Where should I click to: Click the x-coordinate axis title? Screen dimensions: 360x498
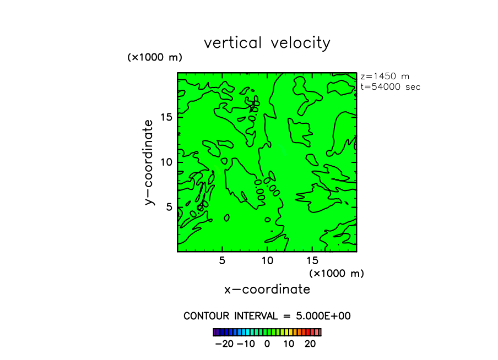pyautogui.click(x=267, y=290)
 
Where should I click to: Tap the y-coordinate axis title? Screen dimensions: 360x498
pyautogui.click(x=149, y=162)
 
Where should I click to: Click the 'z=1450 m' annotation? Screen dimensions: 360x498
pyautogui.click(x=385, y=77)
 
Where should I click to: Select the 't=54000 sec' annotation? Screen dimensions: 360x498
pyautogui.click(x=390, y=86)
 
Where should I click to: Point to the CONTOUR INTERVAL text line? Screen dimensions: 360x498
pyautogui.click(x=267, y=316)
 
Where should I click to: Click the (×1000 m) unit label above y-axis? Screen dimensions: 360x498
pyautogui.click(x=155, y=57)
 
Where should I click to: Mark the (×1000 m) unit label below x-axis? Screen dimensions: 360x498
pyautogui.click(x=337, y=273)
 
